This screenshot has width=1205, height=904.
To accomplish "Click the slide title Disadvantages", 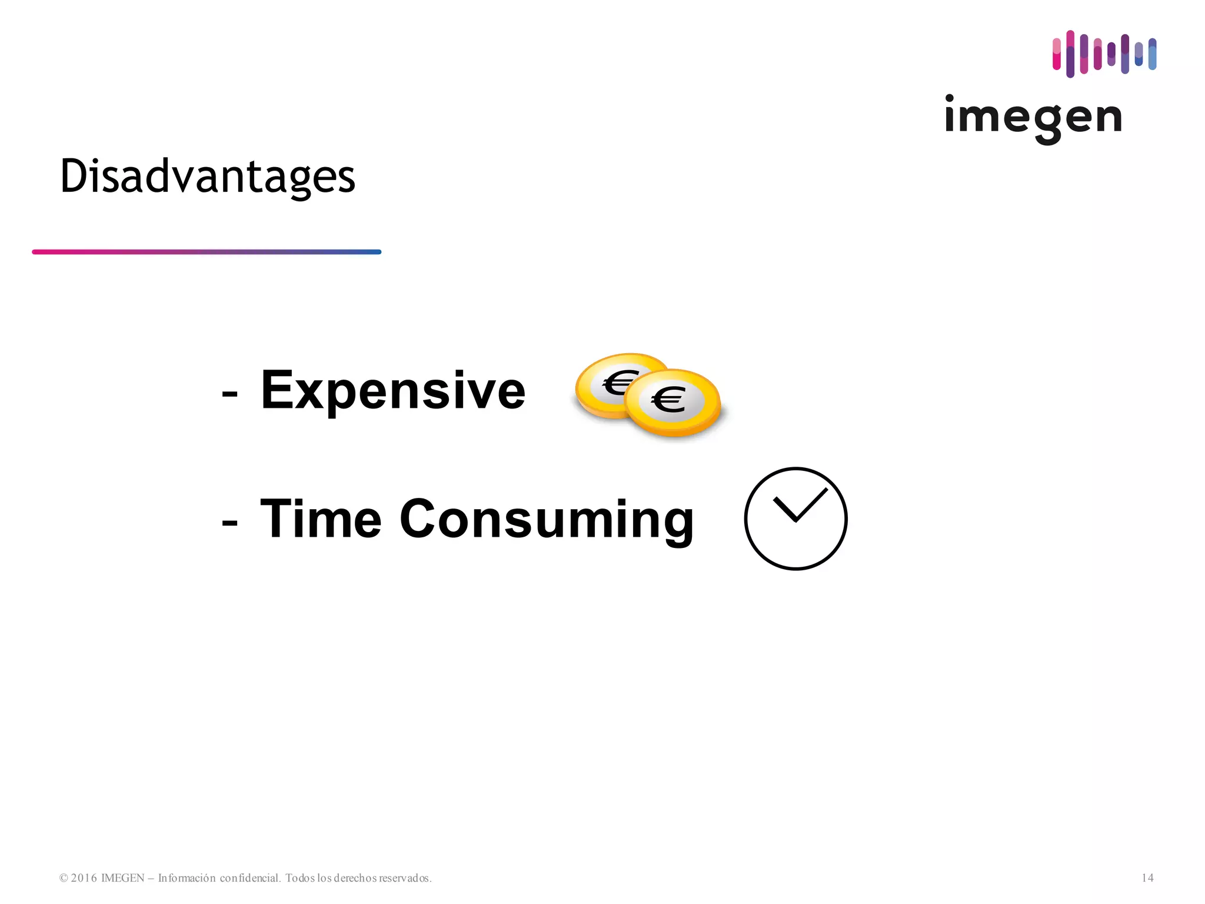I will pos(208,177).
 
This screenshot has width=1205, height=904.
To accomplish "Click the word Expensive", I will pos(392,390).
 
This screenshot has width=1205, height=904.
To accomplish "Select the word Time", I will pos(321,519).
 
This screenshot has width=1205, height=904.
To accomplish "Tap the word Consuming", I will pos(547,520).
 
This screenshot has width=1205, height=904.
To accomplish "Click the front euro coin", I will pos(672,403).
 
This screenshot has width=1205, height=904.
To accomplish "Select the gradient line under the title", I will pos(207,252).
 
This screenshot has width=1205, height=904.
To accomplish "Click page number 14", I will pos(1147,878).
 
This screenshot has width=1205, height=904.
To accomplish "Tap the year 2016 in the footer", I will pos(84,878).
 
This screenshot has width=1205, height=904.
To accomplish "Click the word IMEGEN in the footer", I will pos(122,878).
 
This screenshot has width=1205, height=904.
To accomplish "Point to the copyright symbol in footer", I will pos(64,878).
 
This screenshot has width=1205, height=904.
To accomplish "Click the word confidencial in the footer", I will pos(249,878).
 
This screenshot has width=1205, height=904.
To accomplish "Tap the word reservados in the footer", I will pos(405,878).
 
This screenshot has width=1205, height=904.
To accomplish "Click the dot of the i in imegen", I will pos(949,98).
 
